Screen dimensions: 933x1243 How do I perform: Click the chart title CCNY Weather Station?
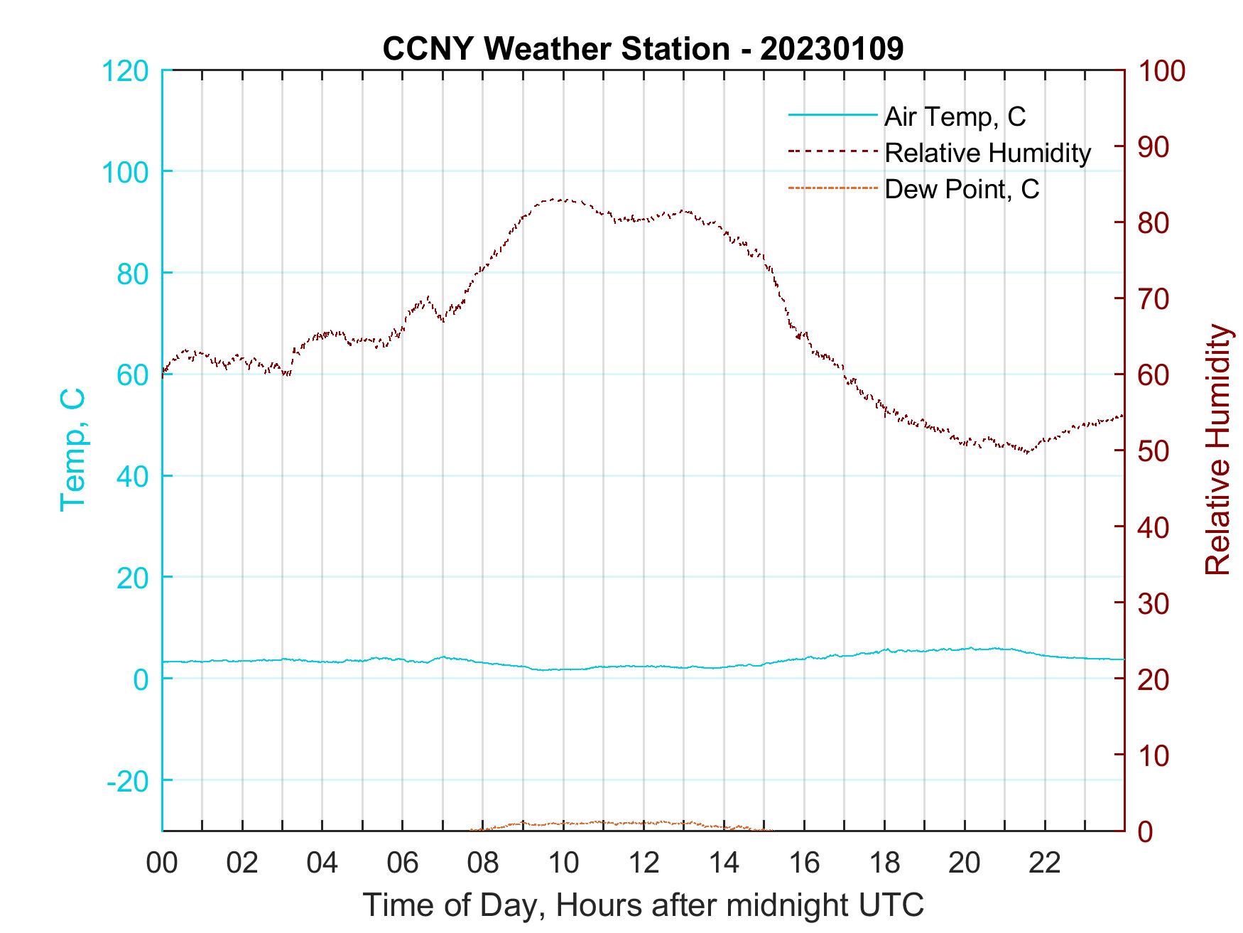click(x=555, y=49)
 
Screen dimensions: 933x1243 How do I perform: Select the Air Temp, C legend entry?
click(x=954, y=116)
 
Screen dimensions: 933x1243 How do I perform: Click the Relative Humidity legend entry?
click(x=987, y=152)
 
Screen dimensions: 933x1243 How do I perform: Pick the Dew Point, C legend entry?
click(x=961, y=189)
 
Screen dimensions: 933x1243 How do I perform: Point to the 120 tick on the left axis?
click(x=126, y=71)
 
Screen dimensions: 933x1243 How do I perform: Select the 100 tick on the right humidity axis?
click(x=1162, y=71)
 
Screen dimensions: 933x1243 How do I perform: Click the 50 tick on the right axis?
click(x=1154, y=451)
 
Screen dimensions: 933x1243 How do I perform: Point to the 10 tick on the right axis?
click(x=1154, y=755)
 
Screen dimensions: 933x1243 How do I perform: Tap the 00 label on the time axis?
click(x=162, y=864)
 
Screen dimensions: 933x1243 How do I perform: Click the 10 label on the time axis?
click(x=563, y=864)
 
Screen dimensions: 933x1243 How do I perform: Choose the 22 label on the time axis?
click(x=1045, y=864)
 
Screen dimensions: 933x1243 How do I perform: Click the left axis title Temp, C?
click(x=72, y=450)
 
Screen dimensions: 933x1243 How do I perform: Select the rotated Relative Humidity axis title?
click(x=1217, y=450)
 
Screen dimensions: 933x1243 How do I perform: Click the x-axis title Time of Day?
click(x=644, y=906)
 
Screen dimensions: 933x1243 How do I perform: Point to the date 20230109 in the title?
click(x=832, y=49)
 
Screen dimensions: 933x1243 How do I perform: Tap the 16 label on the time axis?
click(x=804, y=864)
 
